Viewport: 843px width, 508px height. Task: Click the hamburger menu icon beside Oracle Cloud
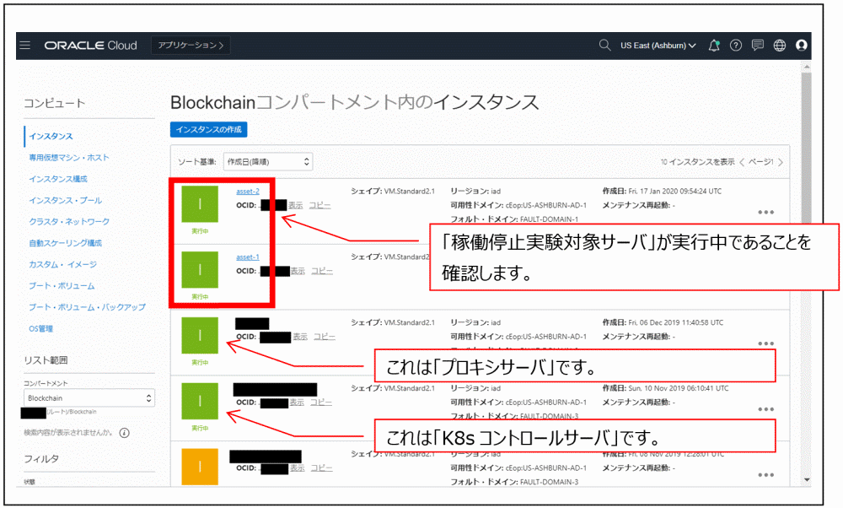[24, 46]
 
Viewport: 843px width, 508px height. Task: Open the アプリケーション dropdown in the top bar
[191, 46]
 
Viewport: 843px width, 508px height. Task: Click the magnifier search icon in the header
[604, 46]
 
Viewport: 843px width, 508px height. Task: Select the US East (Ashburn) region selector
[658, 46]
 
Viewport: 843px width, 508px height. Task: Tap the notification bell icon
[714, 46]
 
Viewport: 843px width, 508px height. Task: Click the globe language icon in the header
[779, 46]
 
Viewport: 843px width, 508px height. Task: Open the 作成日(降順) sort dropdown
[267, 161]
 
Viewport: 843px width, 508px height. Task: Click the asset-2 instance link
[248, 192]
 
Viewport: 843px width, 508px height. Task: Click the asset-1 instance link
[248, 257]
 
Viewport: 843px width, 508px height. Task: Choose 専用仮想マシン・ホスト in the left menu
[69, 158]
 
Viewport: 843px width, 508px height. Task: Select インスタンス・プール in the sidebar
[65, 201]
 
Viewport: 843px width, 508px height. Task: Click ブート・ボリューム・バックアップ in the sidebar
[87, 307]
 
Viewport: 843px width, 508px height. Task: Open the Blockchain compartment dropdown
[89, 398]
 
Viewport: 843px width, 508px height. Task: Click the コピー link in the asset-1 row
[321, 271]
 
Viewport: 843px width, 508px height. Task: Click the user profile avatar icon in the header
[801, 46]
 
